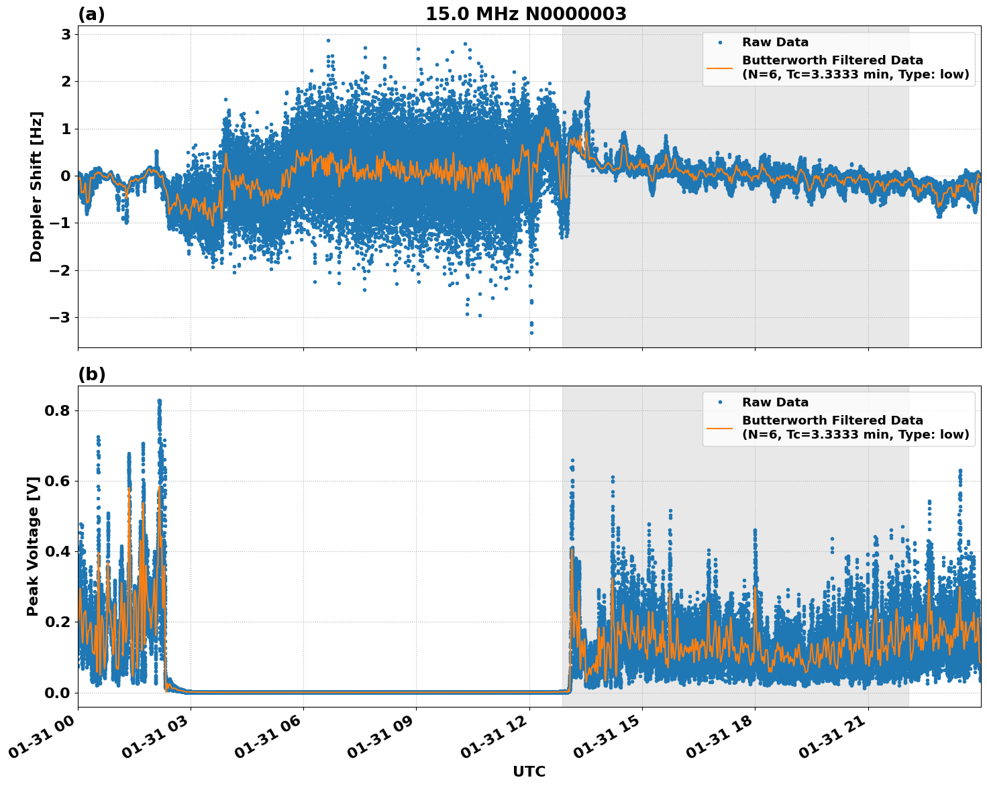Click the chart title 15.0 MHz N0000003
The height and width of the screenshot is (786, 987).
coord(525,14)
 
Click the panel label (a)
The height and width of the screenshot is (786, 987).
coord(91,14)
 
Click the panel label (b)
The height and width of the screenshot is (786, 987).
coord(91,374)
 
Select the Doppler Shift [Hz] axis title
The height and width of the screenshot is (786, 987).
coord(36,186)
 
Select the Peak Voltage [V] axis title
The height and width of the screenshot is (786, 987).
coord(33,546)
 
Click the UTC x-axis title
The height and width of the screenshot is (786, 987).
coord(529,771)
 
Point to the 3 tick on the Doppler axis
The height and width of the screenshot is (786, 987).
coord(66,34)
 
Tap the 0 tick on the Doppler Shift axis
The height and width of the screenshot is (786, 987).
coord(66,176)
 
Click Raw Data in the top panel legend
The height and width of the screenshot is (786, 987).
coord(775,42)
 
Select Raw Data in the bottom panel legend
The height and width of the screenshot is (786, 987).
coord(775,402)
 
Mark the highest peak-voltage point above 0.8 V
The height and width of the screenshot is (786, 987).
coord(159,400)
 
